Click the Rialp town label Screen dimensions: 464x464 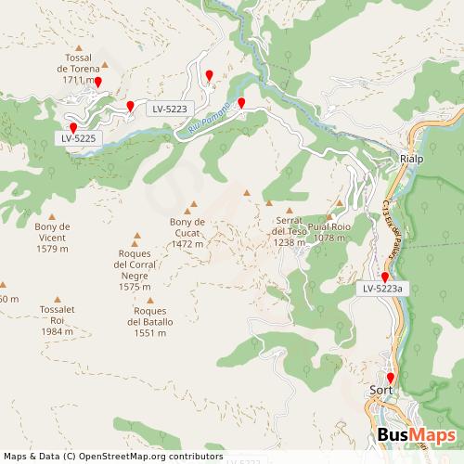410,159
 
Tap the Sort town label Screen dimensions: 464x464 380,392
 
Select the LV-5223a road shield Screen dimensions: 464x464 382,289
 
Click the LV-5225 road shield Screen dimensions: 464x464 79,138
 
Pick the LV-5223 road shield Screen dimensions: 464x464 170,109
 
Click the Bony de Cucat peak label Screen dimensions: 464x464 187,233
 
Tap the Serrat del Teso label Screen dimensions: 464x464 290,231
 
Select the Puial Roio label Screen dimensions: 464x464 329,232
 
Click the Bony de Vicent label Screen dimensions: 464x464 52,238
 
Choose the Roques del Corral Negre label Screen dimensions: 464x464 135,269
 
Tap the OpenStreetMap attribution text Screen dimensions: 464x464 113,457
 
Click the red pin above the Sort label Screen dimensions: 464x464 391,377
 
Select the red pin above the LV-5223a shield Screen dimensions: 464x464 385,276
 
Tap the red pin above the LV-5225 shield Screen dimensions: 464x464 73,127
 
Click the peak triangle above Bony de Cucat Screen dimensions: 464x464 194,208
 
